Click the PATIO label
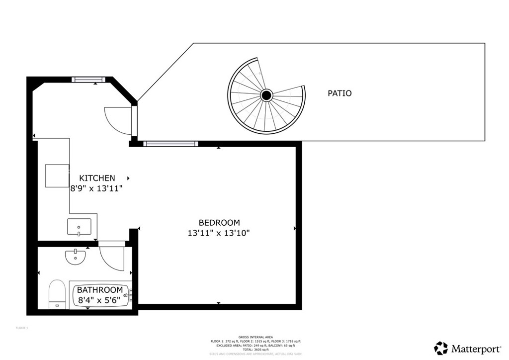pyautogui.click(x=339, y=93)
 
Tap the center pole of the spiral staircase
pyautogui.click(x=266, y=94)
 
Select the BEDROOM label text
pyautogui.click(x=219, y=223)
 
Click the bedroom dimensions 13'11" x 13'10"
pyautogui.click(x=219, y=233)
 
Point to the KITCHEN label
pyautogui.click(x=97, y=178)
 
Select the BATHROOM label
pyautogui.click(x=99, y=290)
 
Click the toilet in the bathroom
pyautogui.click(x=57, y=294)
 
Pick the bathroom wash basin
pyautogui.click(x=75, y=257)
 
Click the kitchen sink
pyautogui.click(x=79, y=227)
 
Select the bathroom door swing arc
pyautogui.click(x=111, y=258)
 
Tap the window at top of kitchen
pyautogui.click(x=87, y=79)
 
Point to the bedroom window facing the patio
pyautogui.click(x=170, y=144)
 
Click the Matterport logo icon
pyautogui.click(x=440, y=348)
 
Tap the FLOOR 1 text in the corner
pyautogui.click(x=22, y=328)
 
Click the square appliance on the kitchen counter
pyautogui.click(x=57, y=175)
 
